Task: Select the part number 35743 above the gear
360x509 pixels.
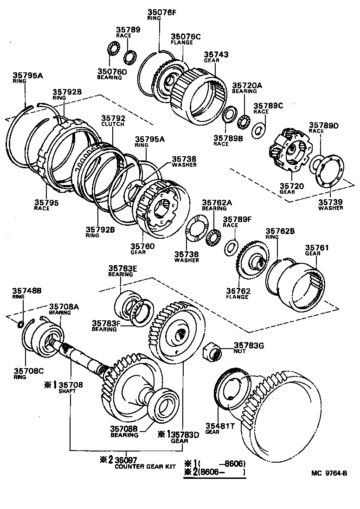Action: click(216, 54)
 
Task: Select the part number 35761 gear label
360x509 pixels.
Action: click(317, 248)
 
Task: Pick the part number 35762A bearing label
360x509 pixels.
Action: click(216, 203)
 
